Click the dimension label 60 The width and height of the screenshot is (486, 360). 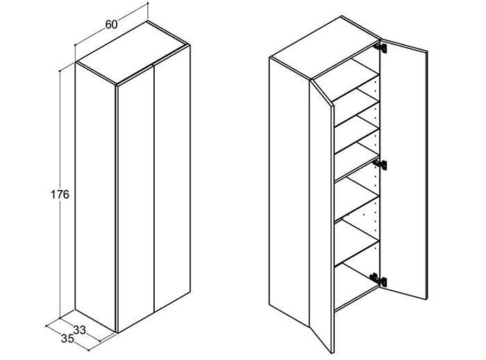pos(111,24)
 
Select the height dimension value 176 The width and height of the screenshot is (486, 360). pos(60,195)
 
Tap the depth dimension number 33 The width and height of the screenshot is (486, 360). pos(80,330)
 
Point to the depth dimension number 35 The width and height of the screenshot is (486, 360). pos(67,338)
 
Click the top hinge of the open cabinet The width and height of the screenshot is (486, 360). pos(380,48)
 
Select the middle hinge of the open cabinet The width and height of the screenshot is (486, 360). pos(380,165)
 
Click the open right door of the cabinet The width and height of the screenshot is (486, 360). pos(404,169)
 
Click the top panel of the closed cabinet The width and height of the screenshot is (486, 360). pos(133,53)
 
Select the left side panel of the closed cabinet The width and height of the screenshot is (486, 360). pos(96,197)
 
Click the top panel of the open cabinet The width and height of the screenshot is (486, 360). pos(325,49)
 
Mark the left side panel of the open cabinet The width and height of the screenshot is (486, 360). pos(290,192)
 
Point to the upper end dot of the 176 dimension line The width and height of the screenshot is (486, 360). pos(60,71)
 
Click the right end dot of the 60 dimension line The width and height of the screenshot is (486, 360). pos(148,3)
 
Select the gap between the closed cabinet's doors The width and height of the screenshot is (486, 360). pos(154,188)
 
